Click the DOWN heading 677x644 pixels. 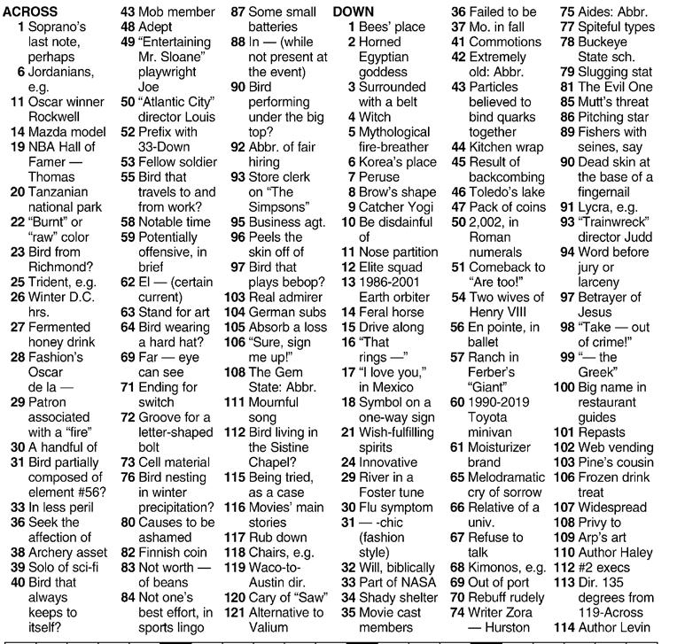[354, 12]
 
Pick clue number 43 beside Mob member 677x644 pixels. [128, 12]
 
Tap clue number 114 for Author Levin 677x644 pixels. [564, 627]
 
